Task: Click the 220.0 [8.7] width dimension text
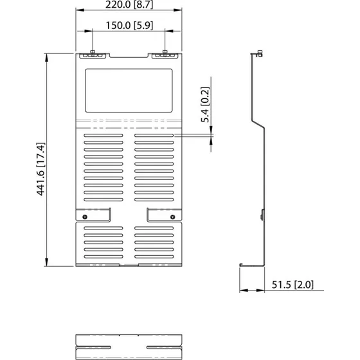[130, 6]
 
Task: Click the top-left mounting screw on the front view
[93, 53]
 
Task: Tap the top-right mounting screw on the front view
[166, 53]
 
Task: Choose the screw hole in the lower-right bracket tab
[172, 216]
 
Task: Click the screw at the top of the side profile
[259, 55]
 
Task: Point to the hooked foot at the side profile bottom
[242, 265]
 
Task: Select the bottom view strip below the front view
[130, 346]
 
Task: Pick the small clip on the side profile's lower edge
[262, 215]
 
